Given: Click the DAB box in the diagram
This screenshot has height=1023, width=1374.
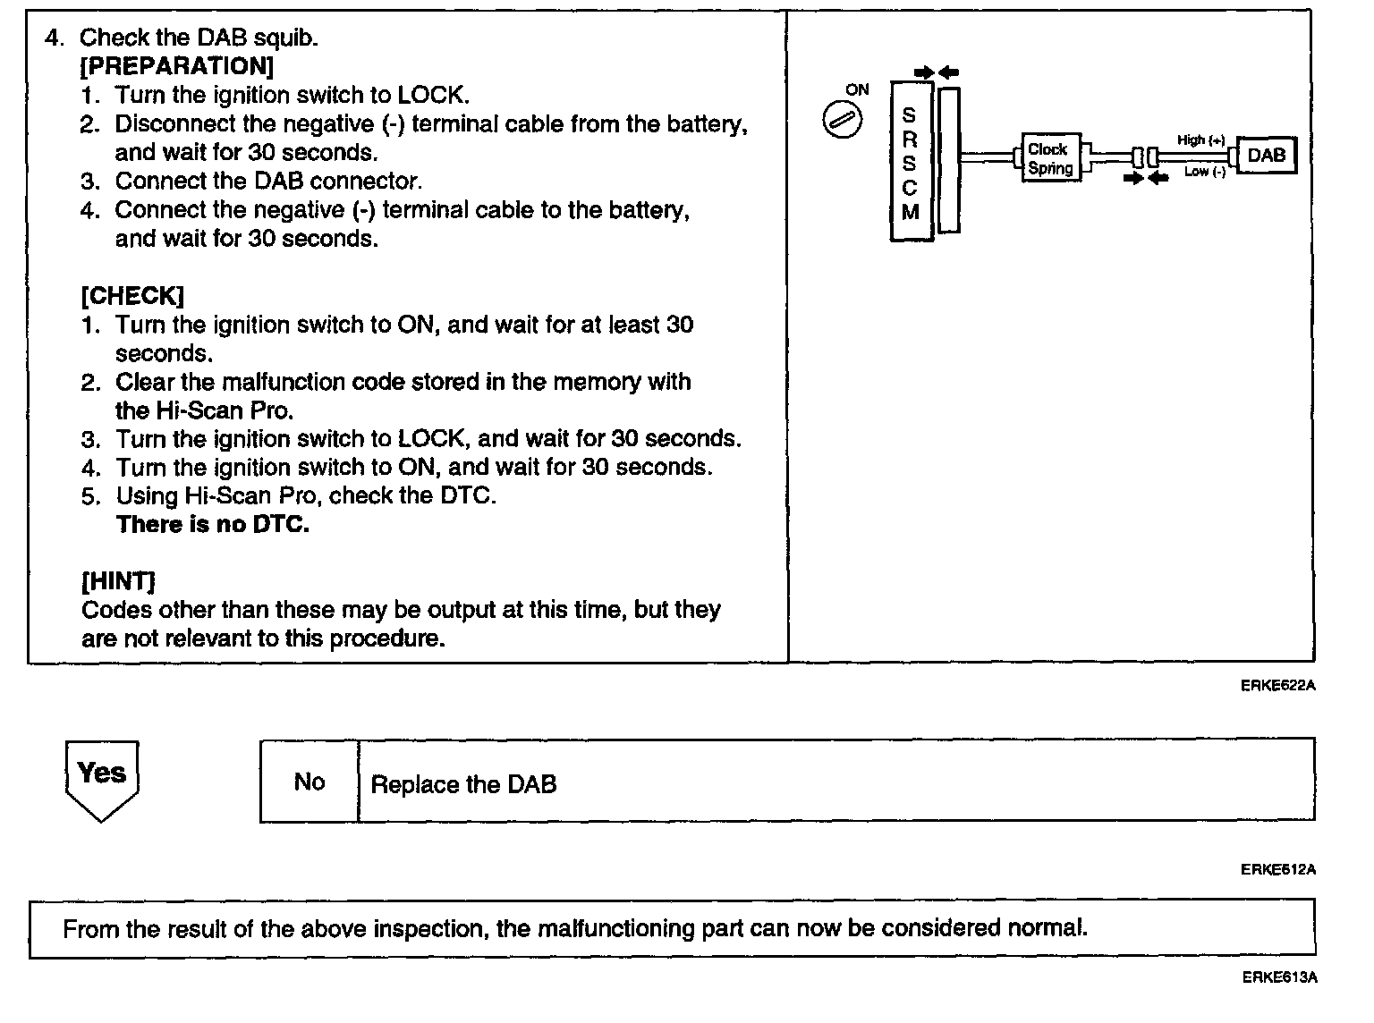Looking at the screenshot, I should point(1266,156).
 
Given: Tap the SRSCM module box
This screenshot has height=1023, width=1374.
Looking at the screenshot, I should point(911,162).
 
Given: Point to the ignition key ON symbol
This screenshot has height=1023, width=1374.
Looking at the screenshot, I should point(842,122).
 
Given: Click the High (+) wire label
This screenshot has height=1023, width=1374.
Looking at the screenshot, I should point(1200,140).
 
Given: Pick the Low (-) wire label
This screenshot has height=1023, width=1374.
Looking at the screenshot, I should point(1204,172).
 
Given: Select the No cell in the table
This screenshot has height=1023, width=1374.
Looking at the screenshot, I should point(310,782).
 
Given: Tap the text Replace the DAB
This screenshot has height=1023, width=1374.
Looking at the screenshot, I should point(463,785).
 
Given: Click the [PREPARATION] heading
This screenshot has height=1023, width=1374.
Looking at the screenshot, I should point(177,66).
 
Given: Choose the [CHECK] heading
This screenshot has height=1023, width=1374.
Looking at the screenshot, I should point(132,296).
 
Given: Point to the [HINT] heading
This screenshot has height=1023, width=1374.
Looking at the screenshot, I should point(118,581).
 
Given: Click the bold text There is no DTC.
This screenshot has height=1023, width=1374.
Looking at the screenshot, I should point(213,524).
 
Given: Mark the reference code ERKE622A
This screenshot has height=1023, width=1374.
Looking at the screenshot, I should point(1278,686).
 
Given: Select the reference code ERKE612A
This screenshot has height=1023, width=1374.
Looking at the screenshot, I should point(1278,869).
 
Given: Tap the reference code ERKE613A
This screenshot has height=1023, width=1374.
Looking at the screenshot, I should point(1279,977).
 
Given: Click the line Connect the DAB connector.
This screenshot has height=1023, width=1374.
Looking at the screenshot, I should point(268,182).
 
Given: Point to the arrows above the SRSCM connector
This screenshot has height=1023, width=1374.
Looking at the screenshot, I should point(937,72).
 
